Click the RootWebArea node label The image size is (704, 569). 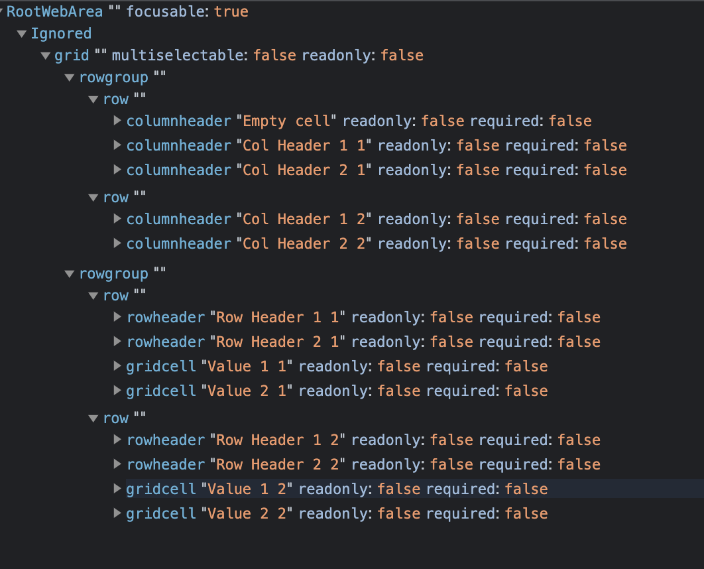pos(54,12)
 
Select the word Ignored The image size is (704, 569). pos(61,34)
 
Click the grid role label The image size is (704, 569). pos(72,56)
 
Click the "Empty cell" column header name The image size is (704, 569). pos(287,121)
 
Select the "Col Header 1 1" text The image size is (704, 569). pos(305,146)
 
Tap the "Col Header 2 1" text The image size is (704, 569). pos(305,170)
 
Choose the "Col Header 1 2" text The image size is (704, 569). pos(305,220)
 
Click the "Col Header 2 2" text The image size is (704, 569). pos(305,244)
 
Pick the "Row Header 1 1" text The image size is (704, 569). pos(278,318)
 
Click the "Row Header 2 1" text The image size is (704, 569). pos(278,342)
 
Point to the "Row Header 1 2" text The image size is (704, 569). pos(278,440)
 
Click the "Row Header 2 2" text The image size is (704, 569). pos(278,465)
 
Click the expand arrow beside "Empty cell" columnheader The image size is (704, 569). pos(117,121)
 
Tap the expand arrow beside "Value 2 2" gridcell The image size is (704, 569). pos(117,513)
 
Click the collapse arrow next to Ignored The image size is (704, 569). pos(22,34)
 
